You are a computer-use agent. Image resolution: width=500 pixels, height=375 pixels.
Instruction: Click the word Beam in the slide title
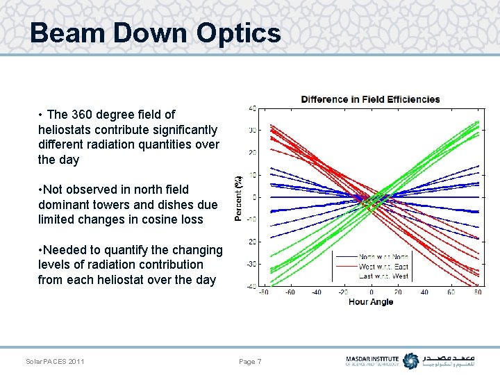point(65,33)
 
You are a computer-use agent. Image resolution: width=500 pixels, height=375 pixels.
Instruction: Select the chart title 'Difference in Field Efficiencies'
point(370,99)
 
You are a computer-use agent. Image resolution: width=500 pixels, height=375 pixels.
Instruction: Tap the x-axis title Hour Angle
point(372,301)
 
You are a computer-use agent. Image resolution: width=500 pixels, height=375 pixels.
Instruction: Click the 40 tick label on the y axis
point(252,108)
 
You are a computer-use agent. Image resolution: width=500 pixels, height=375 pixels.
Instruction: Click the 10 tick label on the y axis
point(253,175)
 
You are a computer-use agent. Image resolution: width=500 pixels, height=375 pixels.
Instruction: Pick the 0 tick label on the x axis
point(372,292)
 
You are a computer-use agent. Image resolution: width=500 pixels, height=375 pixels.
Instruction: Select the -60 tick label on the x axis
point(290,292)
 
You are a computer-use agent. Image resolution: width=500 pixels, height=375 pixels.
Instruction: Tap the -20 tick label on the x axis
point(343,292)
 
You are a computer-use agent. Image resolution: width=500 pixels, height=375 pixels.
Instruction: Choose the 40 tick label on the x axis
point(424,292)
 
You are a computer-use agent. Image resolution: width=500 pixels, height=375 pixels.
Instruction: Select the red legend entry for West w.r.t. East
point(383,266)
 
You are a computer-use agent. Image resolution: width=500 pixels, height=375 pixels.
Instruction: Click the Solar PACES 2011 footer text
point(55,361)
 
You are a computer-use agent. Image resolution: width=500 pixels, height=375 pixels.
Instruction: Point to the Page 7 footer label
point(250,361)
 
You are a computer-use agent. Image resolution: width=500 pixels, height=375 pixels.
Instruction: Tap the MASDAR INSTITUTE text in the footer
point(372,358)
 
